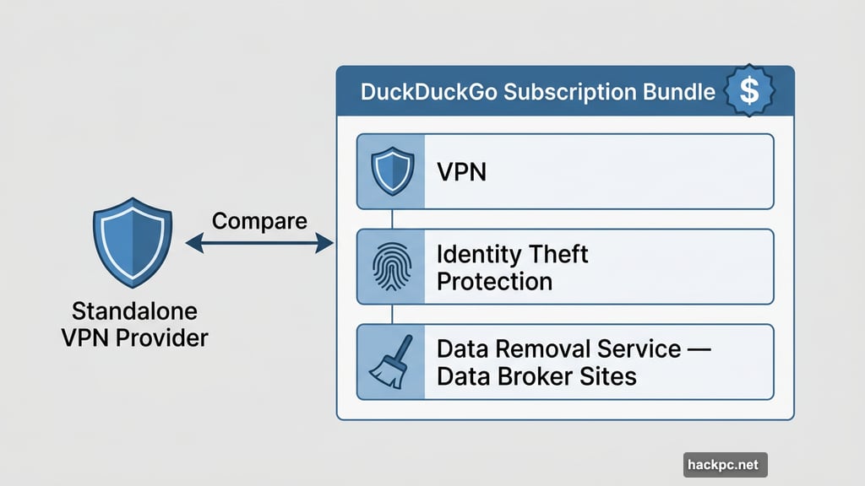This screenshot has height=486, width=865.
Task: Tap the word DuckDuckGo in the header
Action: (x=429, y=92)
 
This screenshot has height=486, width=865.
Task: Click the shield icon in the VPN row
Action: (x=390, y=171)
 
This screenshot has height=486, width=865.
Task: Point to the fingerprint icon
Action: (x=390, y=267)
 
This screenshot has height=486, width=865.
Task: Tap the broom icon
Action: (x=390, y=362)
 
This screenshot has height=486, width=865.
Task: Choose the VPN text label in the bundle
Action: (x=462, y=172)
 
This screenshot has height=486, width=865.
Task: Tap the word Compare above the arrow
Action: (x=259, y=221)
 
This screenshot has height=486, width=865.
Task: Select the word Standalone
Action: (x=134, y=310)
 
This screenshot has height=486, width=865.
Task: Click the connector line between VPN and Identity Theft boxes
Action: (x=391, y=219)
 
